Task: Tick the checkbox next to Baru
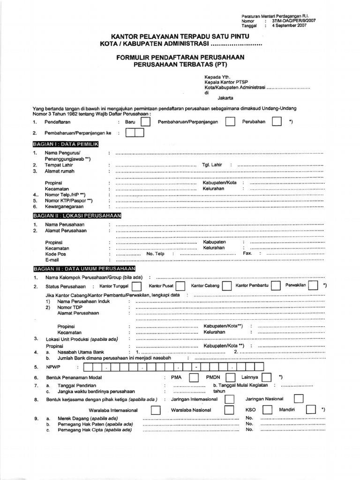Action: (146, 122)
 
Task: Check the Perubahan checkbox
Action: (277, 122)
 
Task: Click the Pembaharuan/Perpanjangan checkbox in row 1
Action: (230, 122)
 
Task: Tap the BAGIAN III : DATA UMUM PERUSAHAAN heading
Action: (84, 269)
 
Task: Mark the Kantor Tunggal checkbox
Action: (137, 286)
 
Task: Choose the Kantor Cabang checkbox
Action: (226, 286)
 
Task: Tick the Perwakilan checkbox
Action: (314, 285)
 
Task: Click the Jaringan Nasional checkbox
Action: (298, 398)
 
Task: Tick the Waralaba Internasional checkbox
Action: (156, 410)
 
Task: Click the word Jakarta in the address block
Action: (226, 98)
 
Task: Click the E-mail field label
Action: (52, 260)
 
